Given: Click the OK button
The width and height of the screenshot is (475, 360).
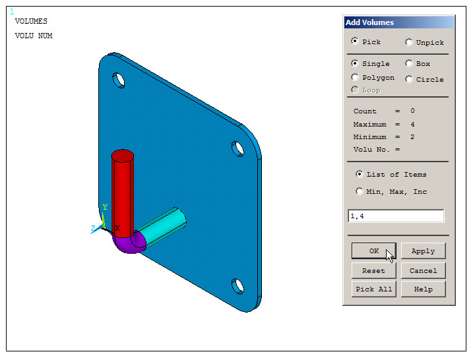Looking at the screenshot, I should tap(373, 251).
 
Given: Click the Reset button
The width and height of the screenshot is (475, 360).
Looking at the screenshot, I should tap(373, 270).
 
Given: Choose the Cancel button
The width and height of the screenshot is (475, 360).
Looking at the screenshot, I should tap(423, 270).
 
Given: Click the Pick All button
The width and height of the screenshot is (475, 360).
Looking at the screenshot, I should tap(373, 289).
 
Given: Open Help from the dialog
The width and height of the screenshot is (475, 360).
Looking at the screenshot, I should tap(423, 289).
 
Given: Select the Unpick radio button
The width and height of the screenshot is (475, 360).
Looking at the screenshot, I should tap(409, 42).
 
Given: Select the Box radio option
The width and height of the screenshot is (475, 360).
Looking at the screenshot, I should tap(409, 64).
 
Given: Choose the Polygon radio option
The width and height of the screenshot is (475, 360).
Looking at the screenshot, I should tap(356, 78).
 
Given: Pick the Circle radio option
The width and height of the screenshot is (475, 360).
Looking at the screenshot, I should tap(409, 79).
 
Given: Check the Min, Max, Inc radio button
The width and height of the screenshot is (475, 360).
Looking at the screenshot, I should tap(360, 192).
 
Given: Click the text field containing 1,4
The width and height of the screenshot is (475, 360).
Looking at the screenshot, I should tap(396, 216).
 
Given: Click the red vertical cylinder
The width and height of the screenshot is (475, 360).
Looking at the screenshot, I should tap(122, 191).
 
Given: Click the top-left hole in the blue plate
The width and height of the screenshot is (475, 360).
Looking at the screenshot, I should tap(119, 80).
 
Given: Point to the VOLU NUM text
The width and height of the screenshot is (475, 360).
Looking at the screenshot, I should tap(34, 36).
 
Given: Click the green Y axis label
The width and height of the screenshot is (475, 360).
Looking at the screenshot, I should tap(104, 207).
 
